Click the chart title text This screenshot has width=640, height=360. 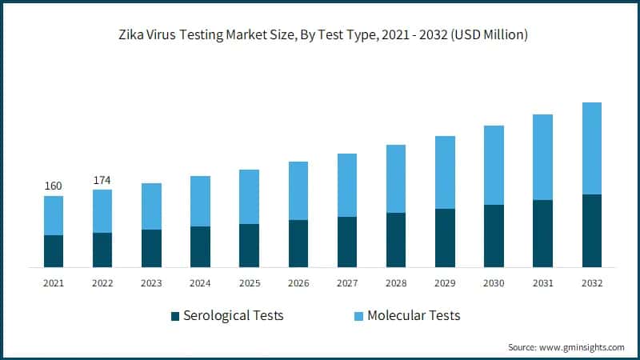click(x=320, y=35)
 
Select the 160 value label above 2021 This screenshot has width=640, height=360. click(x=53, y=186)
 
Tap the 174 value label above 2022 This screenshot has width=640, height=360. click(x=102, y=180)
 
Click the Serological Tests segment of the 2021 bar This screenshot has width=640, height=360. click(x=54, y=250)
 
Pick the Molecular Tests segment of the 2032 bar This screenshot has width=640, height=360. click(x=591, y=148)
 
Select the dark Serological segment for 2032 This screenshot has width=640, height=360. click(x=591, y=230)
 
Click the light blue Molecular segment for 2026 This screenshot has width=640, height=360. click(x=298, y=190)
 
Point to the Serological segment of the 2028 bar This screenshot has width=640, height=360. click(x=396, y=239)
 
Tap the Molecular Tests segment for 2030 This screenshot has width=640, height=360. click(x=494, y=165)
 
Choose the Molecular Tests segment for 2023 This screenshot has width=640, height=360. click(x=151, y=206)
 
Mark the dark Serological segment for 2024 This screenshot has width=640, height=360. click(x=200, y=246)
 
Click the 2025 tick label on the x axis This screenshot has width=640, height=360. click(x=249, y=283)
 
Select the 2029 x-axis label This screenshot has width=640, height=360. click(x=445, y=283)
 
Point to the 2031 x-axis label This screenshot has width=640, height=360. click(x=542, y=283)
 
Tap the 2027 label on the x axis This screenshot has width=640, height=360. click(x=347, y=283)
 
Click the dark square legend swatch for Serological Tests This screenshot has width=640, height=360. click(x=175, y=316)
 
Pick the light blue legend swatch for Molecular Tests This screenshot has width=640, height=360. click(x=357, y=316)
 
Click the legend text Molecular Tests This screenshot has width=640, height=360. click(x=414, y=315)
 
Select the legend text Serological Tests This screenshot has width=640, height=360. click(x=234, y=315)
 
